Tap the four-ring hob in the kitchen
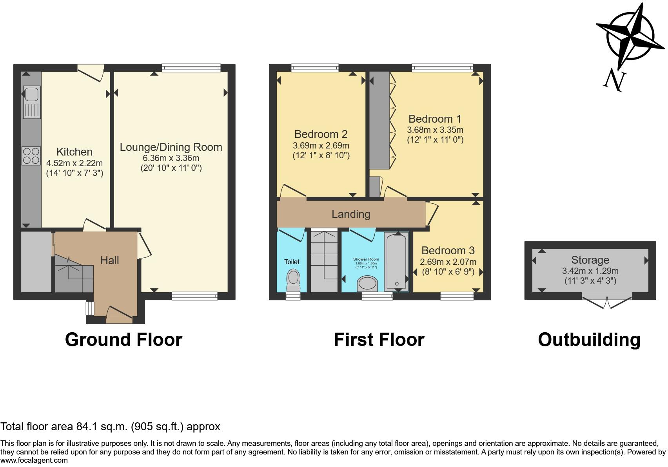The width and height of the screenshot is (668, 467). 31,156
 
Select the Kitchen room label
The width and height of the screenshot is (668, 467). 74,152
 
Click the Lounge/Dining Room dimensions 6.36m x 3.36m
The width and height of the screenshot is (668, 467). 171,158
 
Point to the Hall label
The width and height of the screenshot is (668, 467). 109,260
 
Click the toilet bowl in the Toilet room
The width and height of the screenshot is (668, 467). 292,278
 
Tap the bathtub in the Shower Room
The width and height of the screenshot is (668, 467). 396,261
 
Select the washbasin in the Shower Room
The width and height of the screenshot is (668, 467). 367,283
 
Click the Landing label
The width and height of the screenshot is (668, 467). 351,214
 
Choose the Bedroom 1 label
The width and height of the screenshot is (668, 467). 435,119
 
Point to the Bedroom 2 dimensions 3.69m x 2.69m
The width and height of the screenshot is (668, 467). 321,145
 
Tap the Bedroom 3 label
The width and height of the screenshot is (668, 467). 448,250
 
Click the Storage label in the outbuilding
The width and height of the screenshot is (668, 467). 590,260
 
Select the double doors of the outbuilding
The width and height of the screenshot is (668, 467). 607,302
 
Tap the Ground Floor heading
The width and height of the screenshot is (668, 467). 123,340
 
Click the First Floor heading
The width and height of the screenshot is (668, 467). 379,340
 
